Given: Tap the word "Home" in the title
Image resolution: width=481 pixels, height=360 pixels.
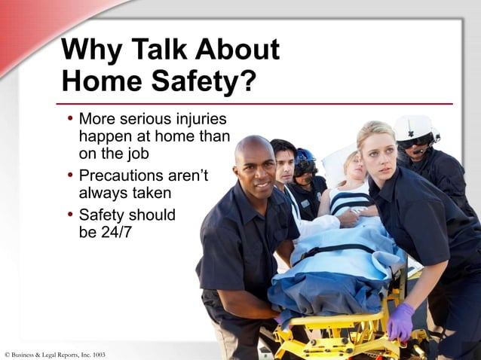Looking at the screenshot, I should [x=97, y=81].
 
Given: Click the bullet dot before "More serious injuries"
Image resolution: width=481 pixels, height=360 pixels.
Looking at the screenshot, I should [x=69, y=119].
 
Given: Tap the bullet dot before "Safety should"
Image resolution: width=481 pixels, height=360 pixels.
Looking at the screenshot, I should [x=69, y=215].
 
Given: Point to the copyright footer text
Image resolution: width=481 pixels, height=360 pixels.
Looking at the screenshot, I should [x=54, y=354].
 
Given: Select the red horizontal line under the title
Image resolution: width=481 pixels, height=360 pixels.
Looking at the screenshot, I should [x=256, y=103].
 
